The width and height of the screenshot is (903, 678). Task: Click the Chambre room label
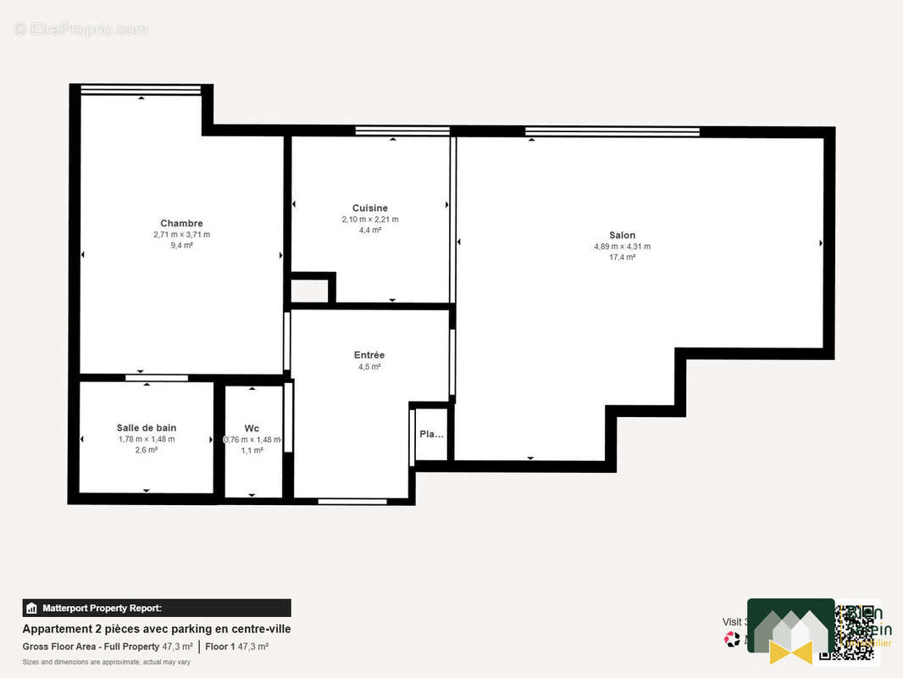click(181, 224)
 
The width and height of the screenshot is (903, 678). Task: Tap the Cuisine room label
click(370, 208)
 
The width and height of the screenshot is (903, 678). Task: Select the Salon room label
click(622, 236)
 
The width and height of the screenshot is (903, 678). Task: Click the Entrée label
click(369, 355)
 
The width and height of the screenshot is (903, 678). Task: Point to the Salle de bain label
click(147, 428)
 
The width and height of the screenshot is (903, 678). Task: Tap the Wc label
click(252, 428)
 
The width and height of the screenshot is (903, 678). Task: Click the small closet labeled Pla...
click(431, 434)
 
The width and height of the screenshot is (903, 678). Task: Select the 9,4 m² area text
click(181, 245)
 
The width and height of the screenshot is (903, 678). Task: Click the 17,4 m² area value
click(622, 257)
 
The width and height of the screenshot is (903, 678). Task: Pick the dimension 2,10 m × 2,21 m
click(370, 219)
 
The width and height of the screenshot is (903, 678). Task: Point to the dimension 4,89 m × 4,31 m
click(622, 247)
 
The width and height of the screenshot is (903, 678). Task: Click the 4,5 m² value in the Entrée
click(369, 367)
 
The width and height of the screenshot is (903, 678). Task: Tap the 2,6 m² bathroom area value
click(147, 450)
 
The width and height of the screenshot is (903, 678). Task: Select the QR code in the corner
click(857, 631)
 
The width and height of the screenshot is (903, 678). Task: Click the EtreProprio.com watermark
click(80, 30)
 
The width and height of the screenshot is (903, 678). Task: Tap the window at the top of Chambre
click(141, 90)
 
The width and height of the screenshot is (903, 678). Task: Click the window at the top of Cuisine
click(402, 131)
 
